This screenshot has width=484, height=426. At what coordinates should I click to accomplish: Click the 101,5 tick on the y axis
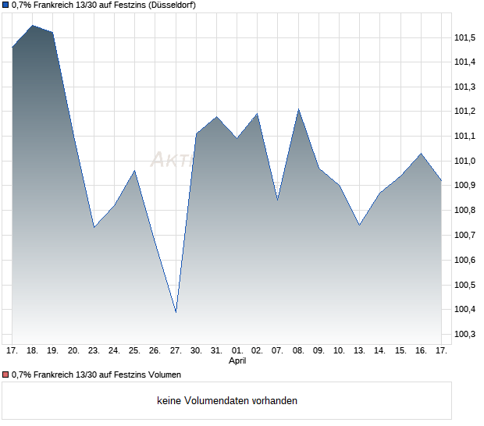464,37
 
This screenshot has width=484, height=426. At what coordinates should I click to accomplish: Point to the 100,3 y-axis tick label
464,334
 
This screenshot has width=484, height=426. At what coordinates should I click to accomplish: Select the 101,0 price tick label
464,161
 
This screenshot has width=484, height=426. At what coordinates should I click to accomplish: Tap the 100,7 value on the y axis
464,235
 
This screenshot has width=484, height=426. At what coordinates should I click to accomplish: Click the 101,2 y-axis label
464,111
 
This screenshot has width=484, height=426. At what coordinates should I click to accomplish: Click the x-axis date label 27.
176,350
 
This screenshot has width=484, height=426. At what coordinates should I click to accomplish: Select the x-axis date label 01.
237,350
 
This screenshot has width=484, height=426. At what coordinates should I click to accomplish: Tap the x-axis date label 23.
94,350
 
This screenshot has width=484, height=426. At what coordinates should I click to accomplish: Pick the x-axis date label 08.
298,350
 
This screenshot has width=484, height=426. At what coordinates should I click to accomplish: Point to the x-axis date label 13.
359,350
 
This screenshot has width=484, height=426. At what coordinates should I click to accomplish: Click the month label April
237,361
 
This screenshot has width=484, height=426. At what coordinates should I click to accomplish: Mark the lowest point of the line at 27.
176,312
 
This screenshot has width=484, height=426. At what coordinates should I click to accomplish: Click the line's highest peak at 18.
32,26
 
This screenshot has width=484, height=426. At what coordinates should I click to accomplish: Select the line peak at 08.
298,109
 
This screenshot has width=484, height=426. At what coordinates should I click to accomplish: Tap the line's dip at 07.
278,201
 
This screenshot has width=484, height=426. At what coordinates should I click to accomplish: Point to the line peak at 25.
134,170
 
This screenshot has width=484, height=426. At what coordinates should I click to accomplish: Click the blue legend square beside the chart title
5,5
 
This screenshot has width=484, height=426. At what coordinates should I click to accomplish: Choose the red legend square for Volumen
5,375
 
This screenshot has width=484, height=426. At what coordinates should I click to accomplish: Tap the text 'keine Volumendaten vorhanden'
227,401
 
